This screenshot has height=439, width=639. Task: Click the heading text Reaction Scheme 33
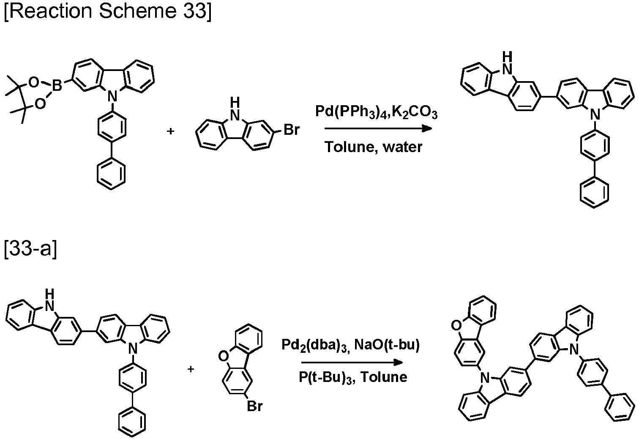pyautogui.click(x=108, y=11)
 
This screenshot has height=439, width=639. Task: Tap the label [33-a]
pyautogui.click(x=30, y=249)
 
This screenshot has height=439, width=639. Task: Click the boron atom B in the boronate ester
pyautogui.click(x=57, y=85)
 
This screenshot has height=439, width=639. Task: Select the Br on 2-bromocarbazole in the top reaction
pyautogui.click(x=292, y=130)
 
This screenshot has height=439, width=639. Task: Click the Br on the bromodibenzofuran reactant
pyautogui.click(x=254, y=406)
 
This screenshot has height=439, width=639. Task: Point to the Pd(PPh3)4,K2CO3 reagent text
pyautogui.click(x=376, y=112)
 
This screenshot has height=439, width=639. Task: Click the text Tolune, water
pyautogui.click(x=373, y=147)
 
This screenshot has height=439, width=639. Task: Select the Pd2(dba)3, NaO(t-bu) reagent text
pyautogui.click(x=350, y=345)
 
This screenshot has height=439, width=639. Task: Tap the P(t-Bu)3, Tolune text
pyautogui.click(x=353, y=377)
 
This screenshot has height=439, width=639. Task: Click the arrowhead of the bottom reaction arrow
pyautogui.click(x=398, y=363)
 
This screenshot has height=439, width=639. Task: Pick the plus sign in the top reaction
pyautogui.click(x=170, y=131)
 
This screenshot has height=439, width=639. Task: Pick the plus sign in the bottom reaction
pyautogui.click(x=191, y=369)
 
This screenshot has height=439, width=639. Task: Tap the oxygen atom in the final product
pyautogui.click(x=456, y=325)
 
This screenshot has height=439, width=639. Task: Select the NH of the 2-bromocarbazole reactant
pyautogui.click(x=235, y=109)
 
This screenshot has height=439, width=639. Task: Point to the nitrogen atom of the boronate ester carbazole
pyautogui.click(x=112, y=96)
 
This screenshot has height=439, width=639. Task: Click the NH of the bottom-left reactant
pyautogui.click(x=49, y=300)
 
